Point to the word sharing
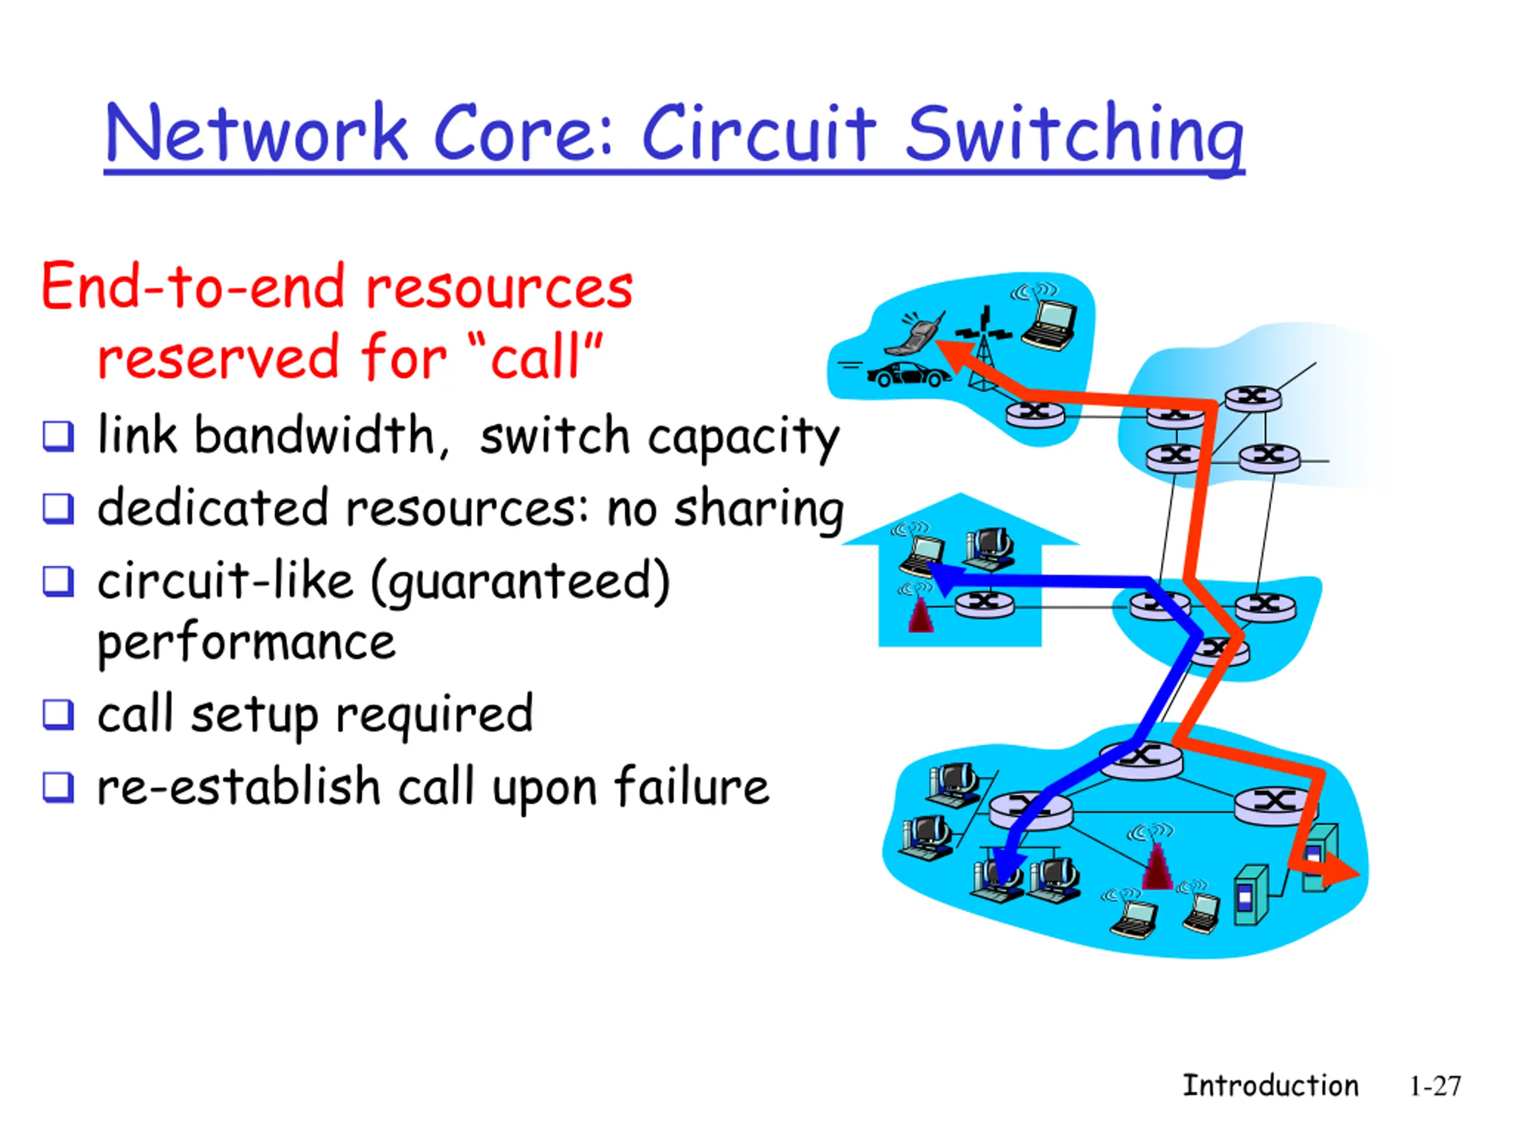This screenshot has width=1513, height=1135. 759,509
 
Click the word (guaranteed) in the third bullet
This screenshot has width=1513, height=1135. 520,582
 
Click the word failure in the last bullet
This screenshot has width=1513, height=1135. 691,787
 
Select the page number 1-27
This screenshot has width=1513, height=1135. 1434,1086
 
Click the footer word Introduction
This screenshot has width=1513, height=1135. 1270,1086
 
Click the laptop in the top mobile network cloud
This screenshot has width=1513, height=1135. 1050,325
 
